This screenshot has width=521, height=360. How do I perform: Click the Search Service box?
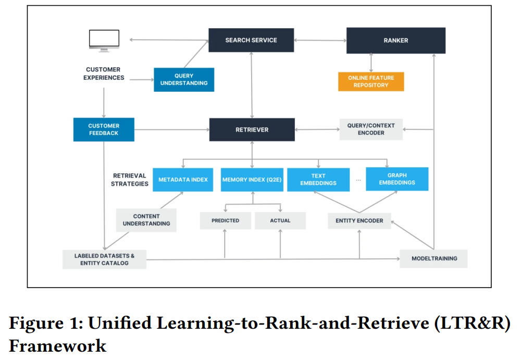pyautogui.click(x=251, y=40)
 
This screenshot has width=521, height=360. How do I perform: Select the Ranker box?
pyautogui.click(x=396, y=40)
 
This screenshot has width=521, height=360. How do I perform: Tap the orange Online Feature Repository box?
pyautogui.click(x=371, y=81)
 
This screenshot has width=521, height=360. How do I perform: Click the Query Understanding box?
pyautogui.click(x=184, y=80)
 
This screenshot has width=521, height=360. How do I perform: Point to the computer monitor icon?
pyautogui.click(x=104, y=41)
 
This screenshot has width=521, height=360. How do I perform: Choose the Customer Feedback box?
pyautogui.click(x=104, y=129)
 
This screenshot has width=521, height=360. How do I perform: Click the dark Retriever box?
pyautogui.click(x=252, y=130)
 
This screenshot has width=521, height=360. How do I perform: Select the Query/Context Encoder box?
pyautogui.click(x=371, y=129)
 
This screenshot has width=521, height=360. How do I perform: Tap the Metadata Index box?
pyautogui.click(x=183, y=180)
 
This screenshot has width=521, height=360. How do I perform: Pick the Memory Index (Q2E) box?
pyautogui.click(x=252, y=180)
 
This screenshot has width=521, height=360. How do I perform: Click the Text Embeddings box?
pyautogui.click(x=318, y=179)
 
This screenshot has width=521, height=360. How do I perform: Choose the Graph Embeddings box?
pyautogui.click(x=397, y=179)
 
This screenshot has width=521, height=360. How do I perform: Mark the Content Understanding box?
pyautogui.click(x=146, y=220)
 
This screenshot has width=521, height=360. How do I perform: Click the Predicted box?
pyautogui.click(x=225, y=220)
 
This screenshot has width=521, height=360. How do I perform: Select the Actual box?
pyautogui.click(x=280, y=220)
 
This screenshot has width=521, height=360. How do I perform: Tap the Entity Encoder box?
pyautogui.click(x=359, y=220)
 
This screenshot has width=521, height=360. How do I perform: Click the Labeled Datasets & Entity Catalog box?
pyautogui.click(x=104, y=259)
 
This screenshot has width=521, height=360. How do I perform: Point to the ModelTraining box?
pyautogui.click(x=433, y=258)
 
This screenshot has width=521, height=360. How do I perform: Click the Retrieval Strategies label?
pyautogui.click(x=130, y=180)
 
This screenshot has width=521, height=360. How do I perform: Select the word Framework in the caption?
pyautogui.click(x=57, y=345)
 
